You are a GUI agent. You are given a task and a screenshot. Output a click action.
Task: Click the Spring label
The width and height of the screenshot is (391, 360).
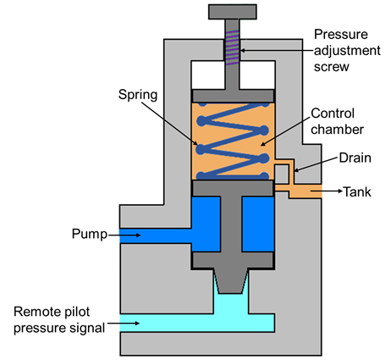138,95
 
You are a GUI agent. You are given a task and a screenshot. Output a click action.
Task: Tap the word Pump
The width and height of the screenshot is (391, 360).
90,234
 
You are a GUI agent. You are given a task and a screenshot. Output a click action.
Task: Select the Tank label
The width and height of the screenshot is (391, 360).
357,191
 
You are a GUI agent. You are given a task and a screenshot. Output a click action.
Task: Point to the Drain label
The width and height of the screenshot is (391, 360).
355,158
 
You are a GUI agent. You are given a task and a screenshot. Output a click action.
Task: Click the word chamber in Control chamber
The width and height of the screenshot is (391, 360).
337,130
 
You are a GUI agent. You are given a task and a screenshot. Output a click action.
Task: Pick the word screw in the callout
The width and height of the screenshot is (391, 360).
332,67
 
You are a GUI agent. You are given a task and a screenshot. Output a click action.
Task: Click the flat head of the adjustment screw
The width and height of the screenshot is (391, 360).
233,12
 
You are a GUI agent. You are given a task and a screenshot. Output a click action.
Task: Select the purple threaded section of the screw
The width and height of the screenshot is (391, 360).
233,47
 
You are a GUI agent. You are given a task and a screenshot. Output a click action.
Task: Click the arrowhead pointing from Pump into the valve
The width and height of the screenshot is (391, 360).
138,235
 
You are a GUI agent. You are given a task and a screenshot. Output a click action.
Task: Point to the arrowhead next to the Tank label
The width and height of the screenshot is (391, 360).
339,191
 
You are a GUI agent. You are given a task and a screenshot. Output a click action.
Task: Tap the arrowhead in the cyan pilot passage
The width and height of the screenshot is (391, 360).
136,324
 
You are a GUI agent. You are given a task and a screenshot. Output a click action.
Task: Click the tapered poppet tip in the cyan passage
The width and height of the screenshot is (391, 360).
231,280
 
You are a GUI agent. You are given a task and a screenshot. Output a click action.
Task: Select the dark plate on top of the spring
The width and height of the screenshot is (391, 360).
233,96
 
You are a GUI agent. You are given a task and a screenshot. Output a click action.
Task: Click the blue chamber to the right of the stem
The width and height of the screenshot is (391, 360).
258,224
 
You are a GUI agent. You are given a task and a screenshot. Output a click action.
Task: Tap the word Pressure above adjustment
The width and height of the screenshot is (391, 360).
341,35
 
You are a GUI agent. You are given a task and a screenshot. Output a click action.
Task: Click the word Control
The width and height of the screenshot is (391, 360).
333,114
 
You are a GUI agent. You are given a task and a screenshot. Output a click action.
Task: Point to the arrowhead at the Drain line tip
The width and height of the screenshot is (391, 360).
296,170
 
